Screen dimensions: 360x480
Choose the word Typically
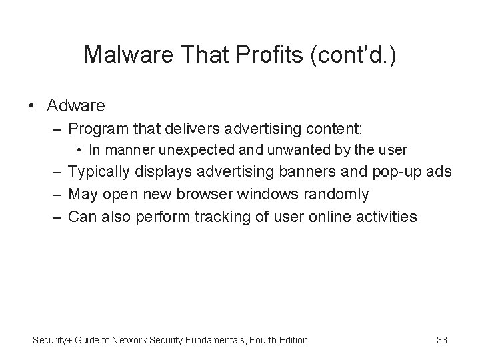tap(100, 172)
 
